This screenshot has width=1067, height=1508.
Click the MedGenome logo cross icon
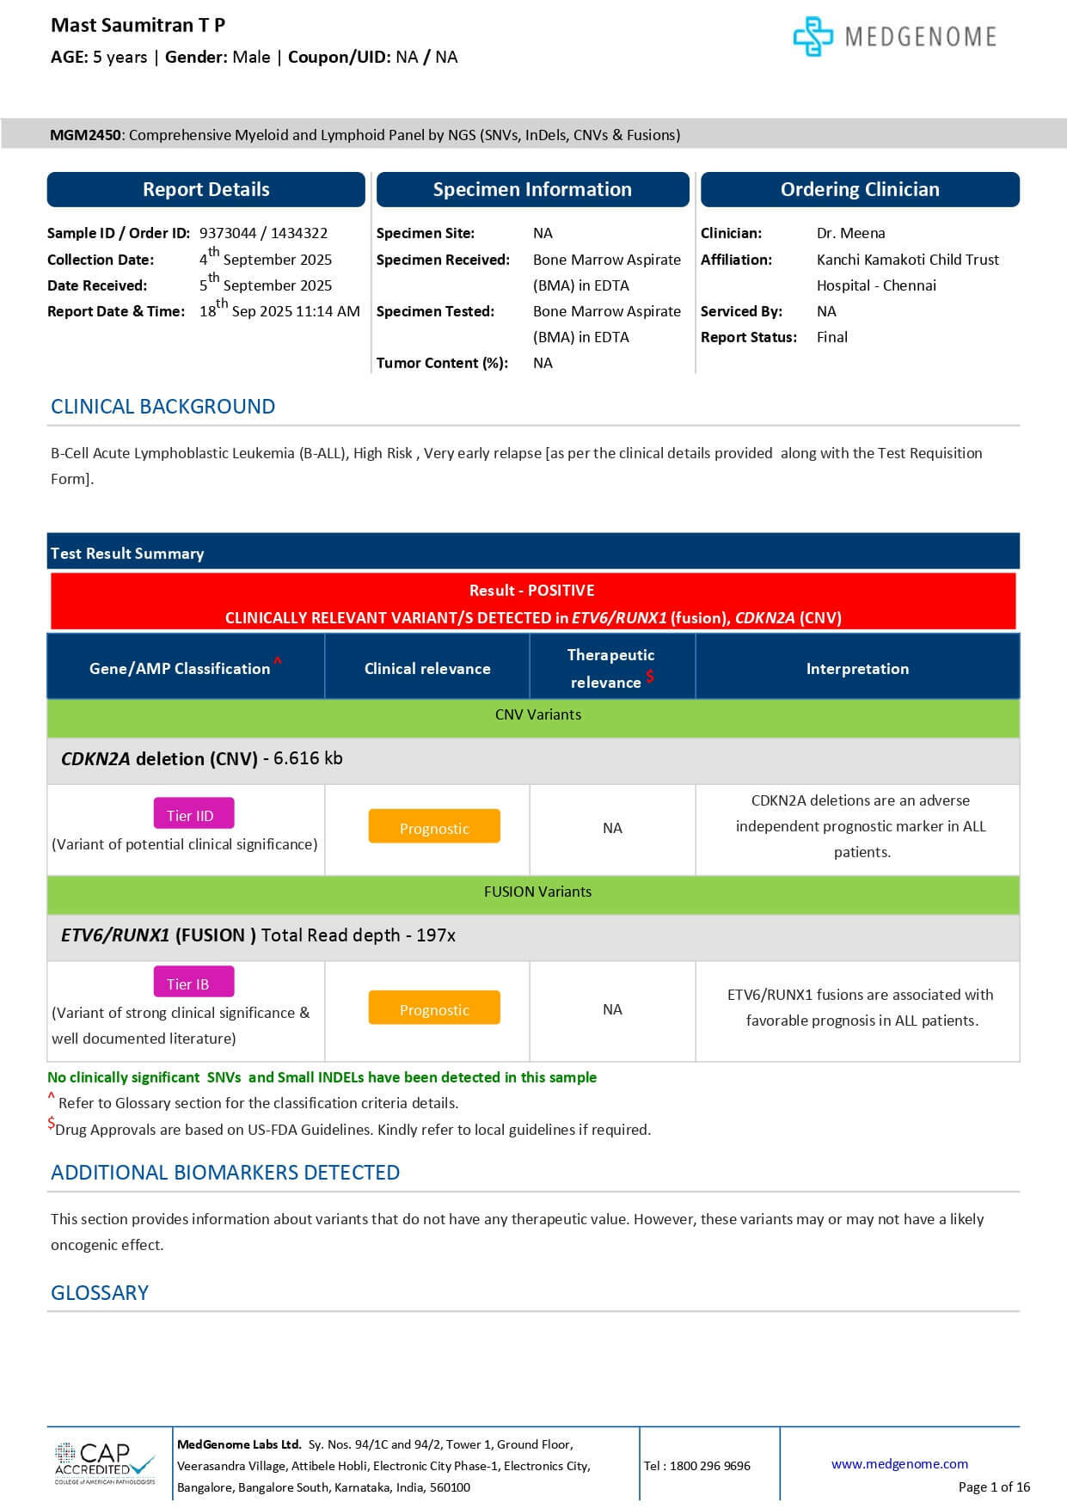click(813, 36)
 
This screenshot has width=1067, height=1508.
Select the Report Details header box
click(205, 189)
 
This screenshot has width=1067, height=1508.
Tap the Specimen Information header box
click(532, 189)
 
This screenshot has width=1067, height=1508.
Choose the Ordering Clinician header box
click(860, 189)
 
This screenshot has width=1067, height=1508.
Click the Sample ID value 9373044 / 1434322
click(263, 233)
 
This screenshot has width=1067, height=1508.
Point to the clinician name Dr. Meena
click(850, 233)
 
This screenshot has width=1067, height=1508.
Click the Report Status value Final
click(831, 337)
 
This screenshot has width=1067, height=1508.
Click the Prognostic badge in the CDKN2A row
click(434, 828)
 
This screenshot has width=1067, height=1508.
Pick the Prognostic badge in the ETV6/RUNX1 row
click(434, 1009)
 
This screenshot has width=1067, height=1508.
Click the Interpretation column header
click(857, 668)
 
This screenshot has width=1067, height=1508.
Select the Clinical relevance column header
click(427, 668)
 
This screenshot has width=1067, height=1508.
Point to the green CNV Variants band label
click(537, 714)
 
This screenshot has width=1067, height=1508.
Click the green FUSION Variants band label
click(537, 892)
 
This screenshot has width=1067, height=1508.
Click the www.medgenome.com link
click(899, 1463)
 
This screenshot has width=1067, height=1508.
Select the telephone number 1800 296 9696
click(708, 1465)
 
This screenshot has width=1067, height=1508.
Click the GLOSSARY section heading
click(100, 1292)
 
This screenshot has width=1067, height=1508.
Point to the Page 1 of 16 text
click(994, 1487)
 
